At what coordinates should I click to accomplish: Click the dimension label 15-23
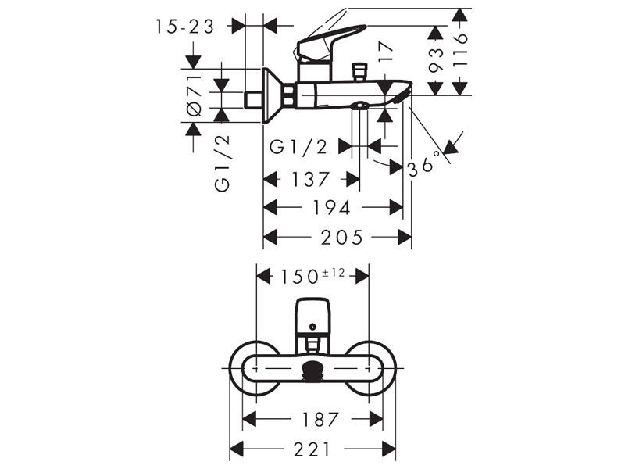point(184,27)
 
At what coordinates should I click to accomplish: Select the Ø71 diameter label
point(195,95)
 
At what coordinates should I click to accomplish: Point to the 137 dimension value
point(311,179)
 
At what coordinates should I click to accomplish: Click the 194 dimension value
point(331,207)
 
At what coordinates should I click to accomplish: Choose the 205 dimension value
point(342,238)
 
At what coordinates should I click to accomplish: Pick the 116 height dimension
point(461,49)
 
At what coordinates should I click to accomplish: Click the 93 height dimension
point(436,59)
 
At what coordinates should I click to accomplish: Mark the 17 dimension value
point(385,52)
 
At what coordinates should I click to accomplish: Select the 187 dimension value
point(320,419)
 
